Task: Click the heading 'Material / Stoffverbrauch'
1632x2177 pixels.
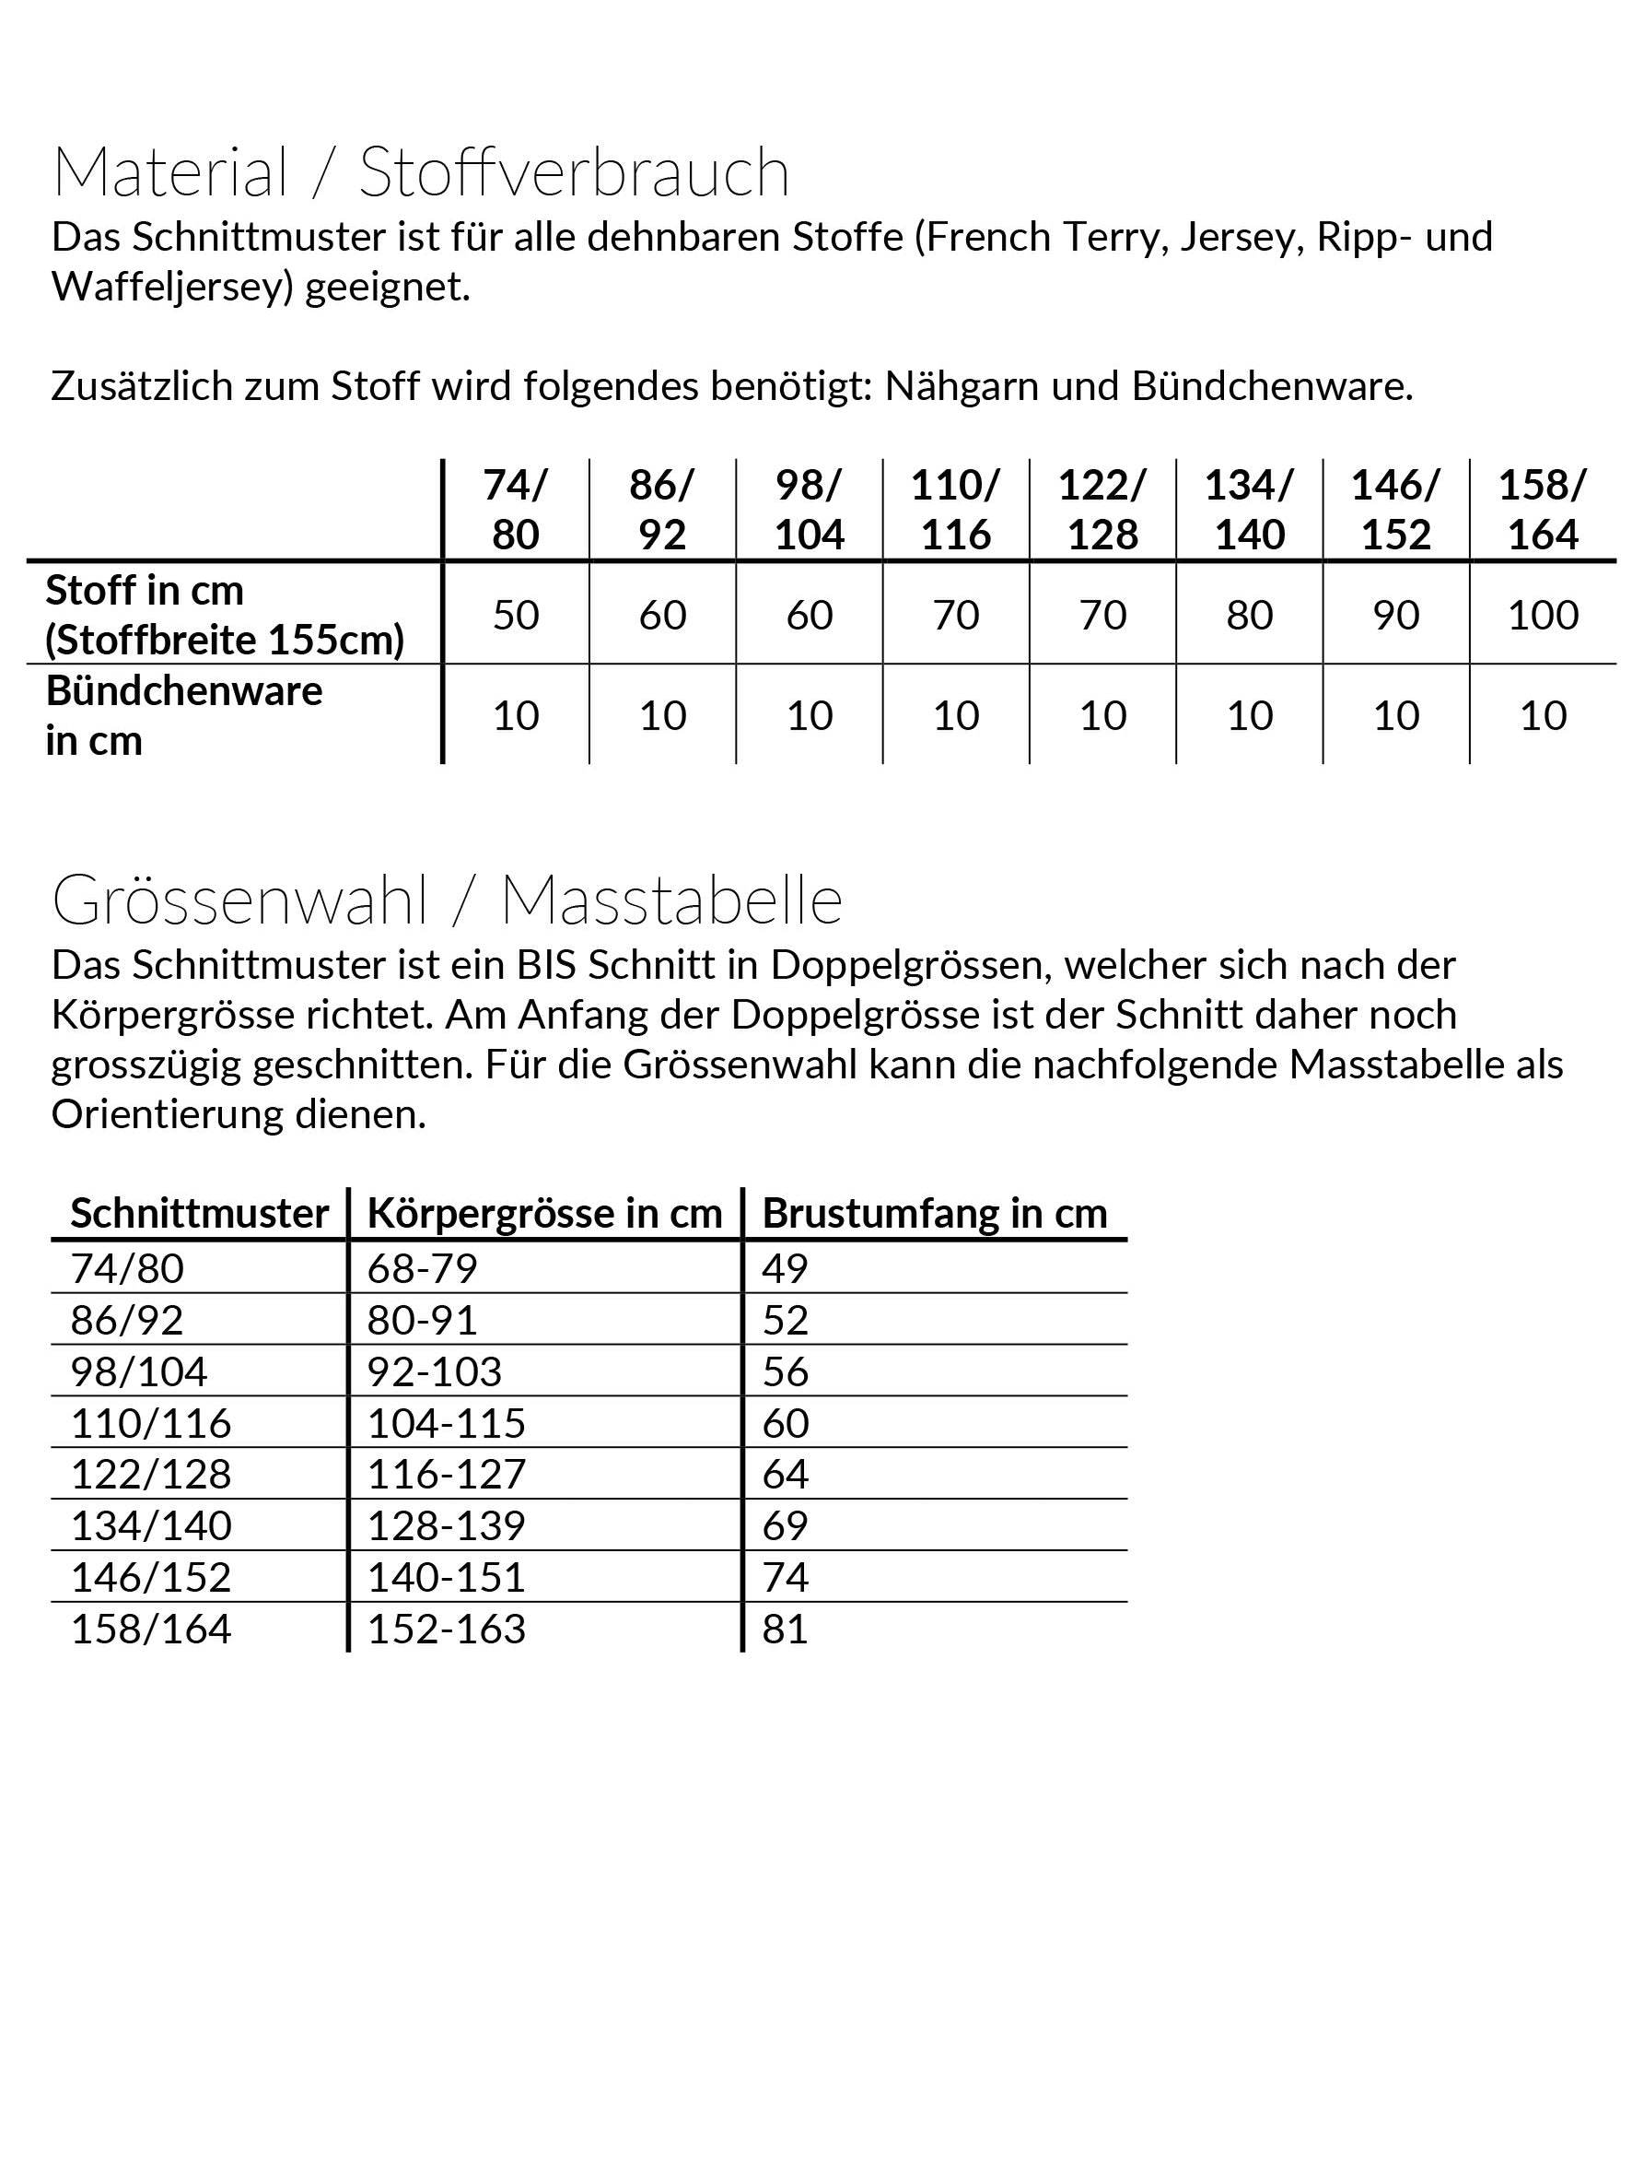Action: pyautogui.click(x=420, y=172)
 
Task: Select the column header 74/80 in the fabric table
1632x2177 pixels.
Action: pyautogui.click(x=516, y=510)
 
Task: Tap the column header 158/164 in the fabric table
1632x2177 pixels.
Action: pyautogui.click(x=1543, y=510)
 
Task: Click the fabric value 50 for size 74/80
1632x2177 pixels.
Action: pyautogui.click(x=516, y=615)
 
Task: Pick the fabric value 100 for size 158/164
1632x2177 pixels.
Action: pyautogui.click(x=1543, y=615)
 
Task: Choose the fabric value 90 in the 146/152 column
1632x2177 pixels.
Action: pyautogui.click(x=1396, y=615)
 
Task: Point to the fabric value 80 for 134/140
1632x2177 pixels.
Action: pyautogui.click(x=1250, y=615)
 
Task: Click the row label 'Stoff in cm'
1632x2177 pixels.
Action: pyautogui.click(x=145, y=591)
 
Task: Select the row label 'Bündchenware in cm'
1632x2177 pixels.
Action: pyautogui.click(x=183, y=715)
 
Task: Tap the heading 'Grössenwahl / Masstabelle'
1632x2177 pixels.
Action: pyautogui.click(x=447, y=900)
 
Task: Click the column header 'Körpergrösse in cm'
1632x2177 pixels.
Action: pyautogui.click(x=545, y=1214)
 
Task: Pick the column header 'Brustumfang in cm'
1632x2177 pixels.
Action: pyautogui.click(x=935, y=1214)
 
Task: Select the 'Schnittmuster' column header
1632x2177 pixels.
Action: pyautogui.click(x=200, y=1214)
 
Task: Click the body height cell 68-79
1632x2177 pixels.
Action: pyautogui.click(x=422, y=1267)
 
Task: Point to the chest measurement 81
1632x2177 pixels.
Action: pyautogui.click(x=785, y=1629)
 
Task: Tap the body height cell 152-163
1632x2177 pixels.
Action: pyautogui.click(x=447, y=1629)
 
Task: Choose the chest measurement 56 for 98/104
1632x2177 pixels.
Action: pyautogui.click(x=785, y=1371)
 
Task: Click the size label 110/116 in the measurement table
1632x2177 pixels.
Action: pyautogui.click(x=150, y=1422)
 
